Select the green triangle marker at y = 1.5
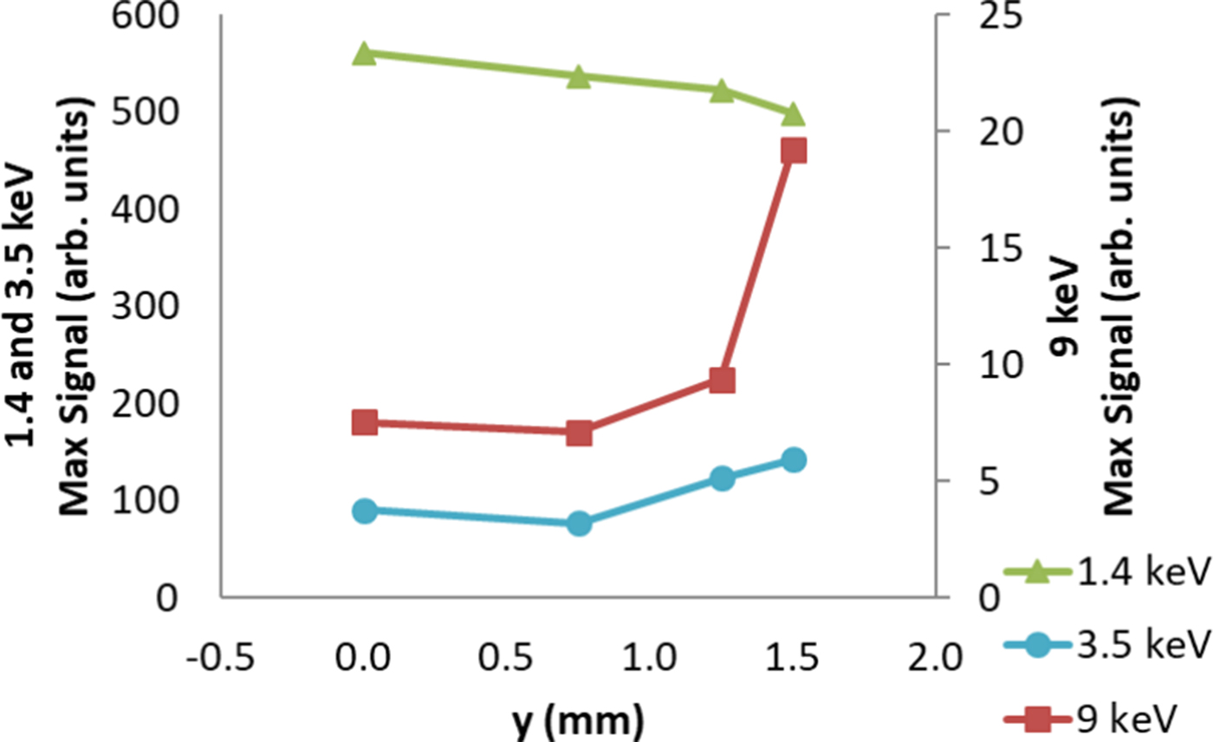[x=793, y=114]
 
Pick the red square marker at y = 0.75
[x=579, y=433]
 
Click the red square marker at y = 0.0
[x=365, y=423]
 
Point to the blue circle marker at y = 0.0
[x=365, y=511]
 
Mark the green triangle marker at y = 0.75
[x=579, y=77]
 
